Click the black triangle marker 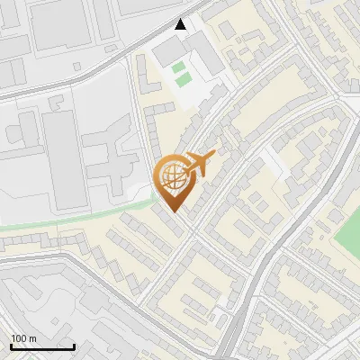pos(182,23)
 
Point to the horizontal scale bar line pos(42,346)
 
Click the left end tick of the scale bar pos(12,345)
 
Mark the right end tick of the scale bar pos(74,345)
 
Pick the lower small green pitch pos(184,80)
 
